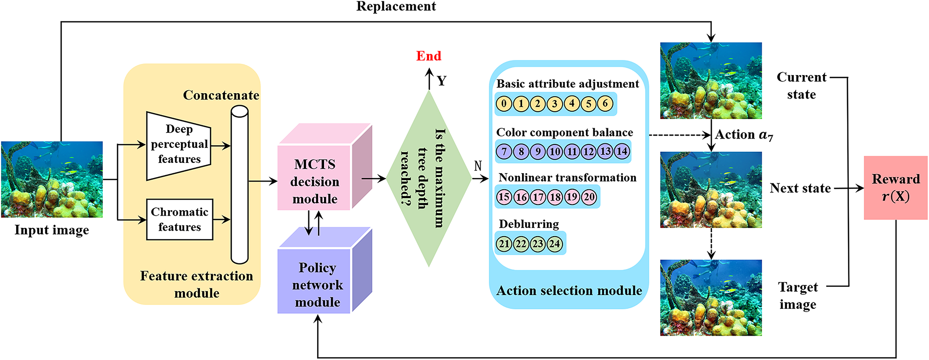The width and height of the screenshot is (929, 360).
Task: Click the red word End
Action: [x=428, y=56]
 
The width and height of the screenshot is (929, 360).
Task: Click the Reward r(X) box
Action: [x=896, y=188]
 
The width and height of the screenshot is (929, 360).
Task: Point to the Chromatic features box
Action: [x=180, y=220]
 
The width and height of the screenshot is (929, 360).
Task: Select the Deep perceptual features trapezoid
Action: [x=179, y=146]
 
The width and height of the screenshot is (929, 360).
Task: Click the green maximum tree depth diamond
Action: [x=429, y=179]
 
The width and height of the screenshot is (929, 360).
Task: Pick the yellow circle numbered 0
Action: [x=504, y=103]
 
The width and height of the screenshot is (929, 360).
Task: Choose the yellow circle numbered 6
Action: [x=605, y=103]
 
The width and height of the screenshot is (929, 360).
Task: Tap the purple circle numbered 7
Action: [x=504, y=151]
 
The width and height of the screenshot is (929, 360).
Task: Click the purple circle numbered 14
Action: [x=622, y=151]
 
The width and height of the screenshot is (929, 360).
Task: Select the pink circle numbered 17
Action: [x=538, y=197]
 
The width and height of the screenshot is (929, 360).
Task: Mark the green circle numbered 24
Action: [x=554, y=244]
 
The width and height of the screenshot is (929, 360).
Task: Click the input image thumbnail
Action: [x=52, y=180]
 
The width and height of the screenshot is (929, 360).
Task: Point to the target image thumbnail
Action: [x=711, y=298]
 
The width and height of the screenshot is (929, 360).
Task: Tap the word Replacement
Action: [x=396, y=6]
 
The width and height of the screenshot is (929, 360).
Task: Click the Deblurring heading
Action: [x=529, y=224]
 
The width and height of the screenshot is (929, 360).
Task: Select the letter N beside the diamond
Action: [x=478, y=166]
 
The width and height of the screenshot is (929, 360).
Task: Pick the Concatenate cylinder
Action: [x=240, y=185]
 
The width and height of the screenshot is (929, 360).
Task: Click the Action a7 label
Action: [x=744, y=135]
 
